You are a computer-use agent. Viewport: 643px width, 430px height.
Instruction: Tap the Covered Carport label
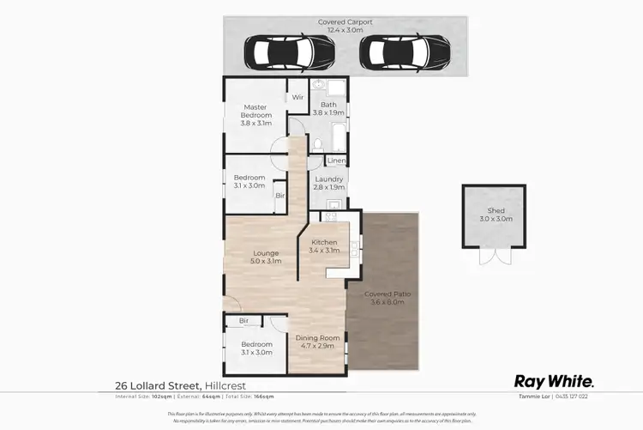tap(345, 26)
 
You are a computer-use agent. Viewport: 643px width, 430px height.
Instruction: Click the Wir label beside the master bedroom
tap(297, 98)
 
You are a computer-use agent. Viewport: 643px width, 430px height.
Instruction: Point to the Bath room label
tap(328, 109)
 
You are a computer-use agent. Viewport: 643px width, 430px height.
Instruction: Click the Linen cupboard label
tap(335, 161)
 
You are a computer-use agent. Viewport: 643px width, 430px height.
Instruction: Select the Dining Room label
tap(317, 342)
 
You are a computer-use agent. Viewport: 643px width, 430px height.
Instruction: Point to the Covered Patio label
tap(389, 298)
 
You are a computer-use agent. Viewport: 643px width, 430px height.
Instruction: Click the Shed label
tap(496, 215)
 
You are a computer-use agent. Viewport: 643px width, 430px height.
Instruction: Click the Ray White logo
tap(553, 382)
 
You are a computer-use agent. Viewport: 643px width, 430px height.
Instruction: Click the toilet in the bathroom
tap(316, 143)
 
